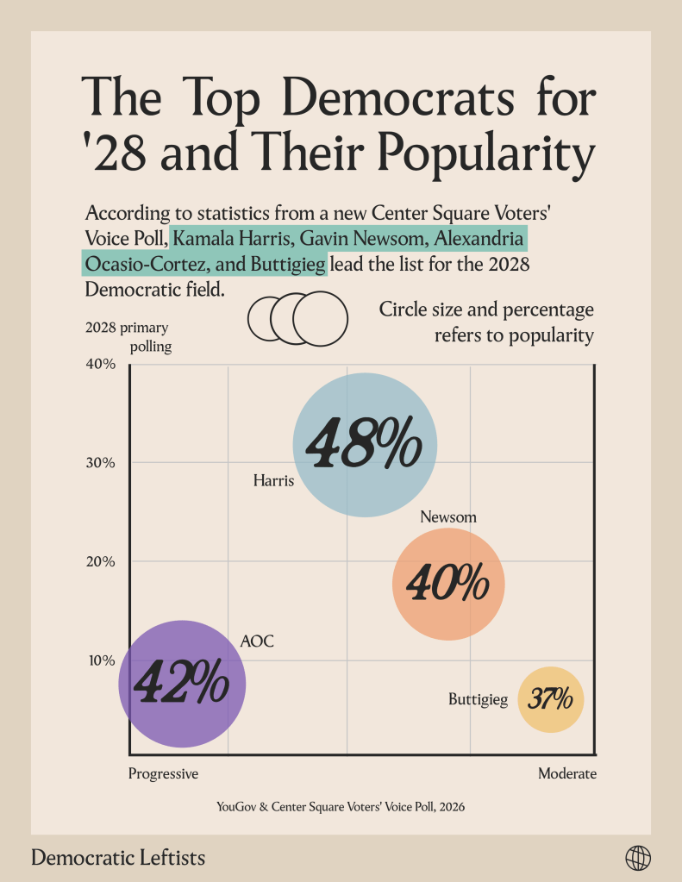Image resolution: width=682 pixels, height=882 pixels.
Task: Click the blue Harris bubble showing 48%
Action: tap(365, 445)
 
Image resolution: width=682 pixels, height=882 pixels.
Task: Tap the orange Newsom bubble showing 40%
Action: tap(447, 584)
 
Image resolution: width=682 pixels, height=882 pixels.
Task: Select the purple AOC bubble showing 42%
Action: tap(182, 683)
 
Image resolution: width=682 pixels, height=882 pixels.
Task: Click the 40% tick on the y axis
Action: tap(100, 364)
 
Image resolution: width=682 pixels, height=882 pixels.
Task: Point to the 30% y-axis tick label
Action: tap(100, 462)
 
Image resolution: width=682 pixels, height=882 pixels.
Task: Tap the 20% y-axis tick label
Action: tap(100, 561)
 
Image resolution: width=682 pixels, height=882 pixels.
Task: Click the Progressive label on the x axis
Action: tap(163, 773)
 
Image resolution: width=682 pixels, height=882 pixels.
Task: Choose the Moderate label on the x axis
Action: tap(566, 773)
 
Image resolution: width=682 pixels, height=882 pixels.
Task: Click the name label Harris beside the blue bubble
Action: tap(273, 480)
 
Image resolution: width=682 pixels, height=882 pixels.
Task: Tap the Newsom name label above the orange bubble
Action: tap(448, 516)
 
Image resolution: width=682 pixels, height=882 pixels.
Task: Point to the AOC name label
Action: tap(257, 641)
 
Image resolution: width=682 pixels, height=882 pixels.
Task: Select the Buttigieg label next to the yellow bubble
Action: tap(478, 699)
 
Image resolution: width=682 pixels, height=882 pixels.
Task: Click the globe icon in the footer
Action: tap(638, 858)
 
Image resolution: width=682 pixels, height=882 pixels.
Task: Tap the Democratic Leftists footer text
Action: tap(118, 858)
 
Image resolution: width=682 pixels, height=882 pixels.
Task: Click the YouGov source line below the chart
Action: tap(341, 807)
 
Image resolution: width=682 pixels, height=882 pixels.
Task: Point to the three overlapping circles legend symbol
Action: tap(297, 318)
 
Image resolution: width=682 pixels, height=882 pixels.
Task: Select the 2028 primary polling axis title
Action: tap(128, 337)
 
